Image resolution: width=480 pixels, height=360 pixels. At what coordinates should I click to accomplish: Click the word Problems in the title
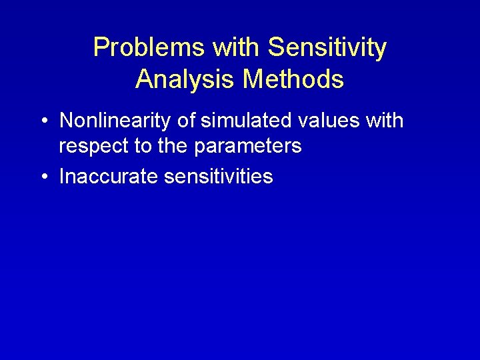click(x=149, y=48)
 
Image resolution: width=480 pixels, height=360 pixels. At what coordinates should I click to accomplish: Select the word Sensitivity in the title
click(x=327, y=48)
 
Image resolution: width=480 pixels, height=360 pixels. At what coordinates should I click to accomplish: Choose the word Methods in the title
click(x=293, y=79)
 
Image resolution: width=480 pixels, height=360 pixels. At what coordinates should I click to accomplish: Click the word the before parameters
click(x=174, y=147)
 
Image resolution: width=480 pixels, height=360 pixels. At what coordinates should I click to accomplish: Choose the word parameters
click(x=248, y=147)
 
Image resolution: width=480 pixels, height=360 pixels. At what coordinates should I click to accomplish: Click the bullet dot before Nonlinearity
click(x=44, y=121)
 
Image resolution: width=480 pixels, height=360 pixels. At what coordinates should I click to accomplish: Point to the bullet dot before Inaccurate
click(x=44, y=177)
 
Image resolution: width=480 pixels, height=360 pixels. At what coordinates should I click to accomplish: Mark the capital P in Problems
click(x=101, y=48)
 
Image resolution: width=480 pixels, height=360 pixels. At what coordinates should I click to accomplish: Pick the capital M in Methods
click(x=254, y=79)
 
